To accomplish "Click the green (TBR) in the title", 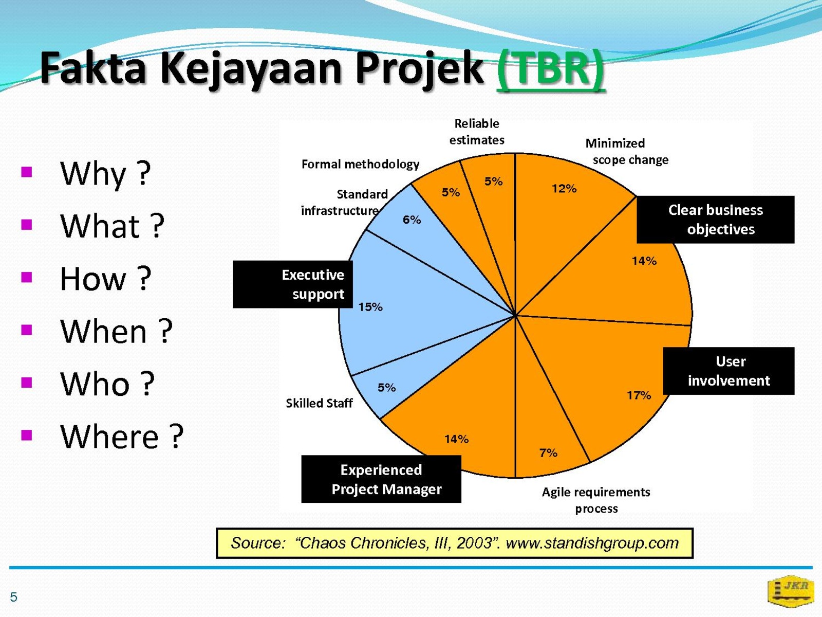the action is click(x=551, y=69).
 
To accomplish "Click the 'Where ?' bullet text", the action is click(x=122, y=437).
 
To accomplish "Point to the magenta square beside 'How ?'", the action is click(x=27, y=277).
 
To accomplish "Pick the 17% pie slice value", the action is click(x=639, y=395).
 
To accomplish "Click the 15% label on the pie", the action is click(x=370, y=307).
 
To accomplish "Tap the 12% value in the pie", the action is click(x=564, y=188).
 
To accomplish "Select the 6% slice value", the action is click(x=412, y=220).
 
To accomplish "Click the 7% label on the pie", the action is click(x=548, y=453).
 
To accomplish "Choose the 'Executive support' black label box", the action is click(x=293, y=284).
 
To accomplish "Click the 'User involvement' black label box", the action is click(x=728, y=371).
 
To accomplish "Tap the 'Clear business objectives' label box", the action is click(x=716, y=220).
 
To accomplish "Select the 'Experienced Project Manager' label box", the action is click(x=381, y=479).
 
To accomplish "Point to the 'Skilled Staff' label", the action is click(x=319, y=403).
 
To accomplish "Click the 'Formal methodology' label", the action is click(x=360, y=164).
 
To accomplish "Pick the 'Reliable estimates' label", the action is click(x=477, y=132).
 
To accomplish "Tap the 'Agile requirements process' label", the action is click(x=596, y=500).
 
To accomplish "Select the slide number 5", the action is click(x=13, y=597).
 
